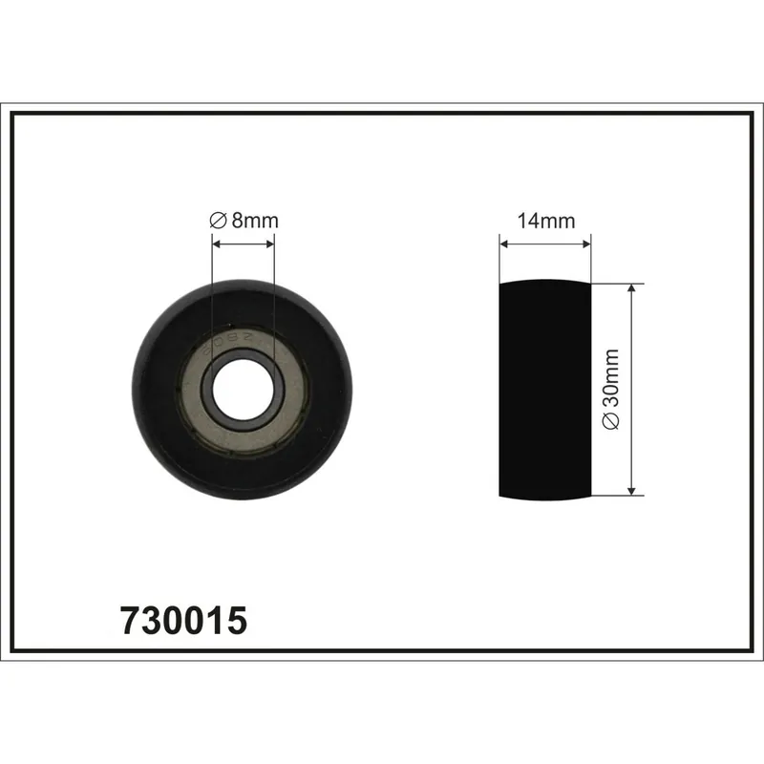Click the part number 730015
coord(183,620)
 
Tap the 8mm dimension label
coord(255,221)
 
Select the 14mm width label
coord(545,221)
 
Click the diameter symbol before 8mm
coord(218,221)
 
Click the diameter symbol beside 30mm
coord(610,421)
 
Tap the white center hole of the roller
coord(243,390)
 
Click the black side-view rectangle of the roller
coord(544,390)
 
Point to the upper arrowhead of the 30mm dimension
coord(631,289)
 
